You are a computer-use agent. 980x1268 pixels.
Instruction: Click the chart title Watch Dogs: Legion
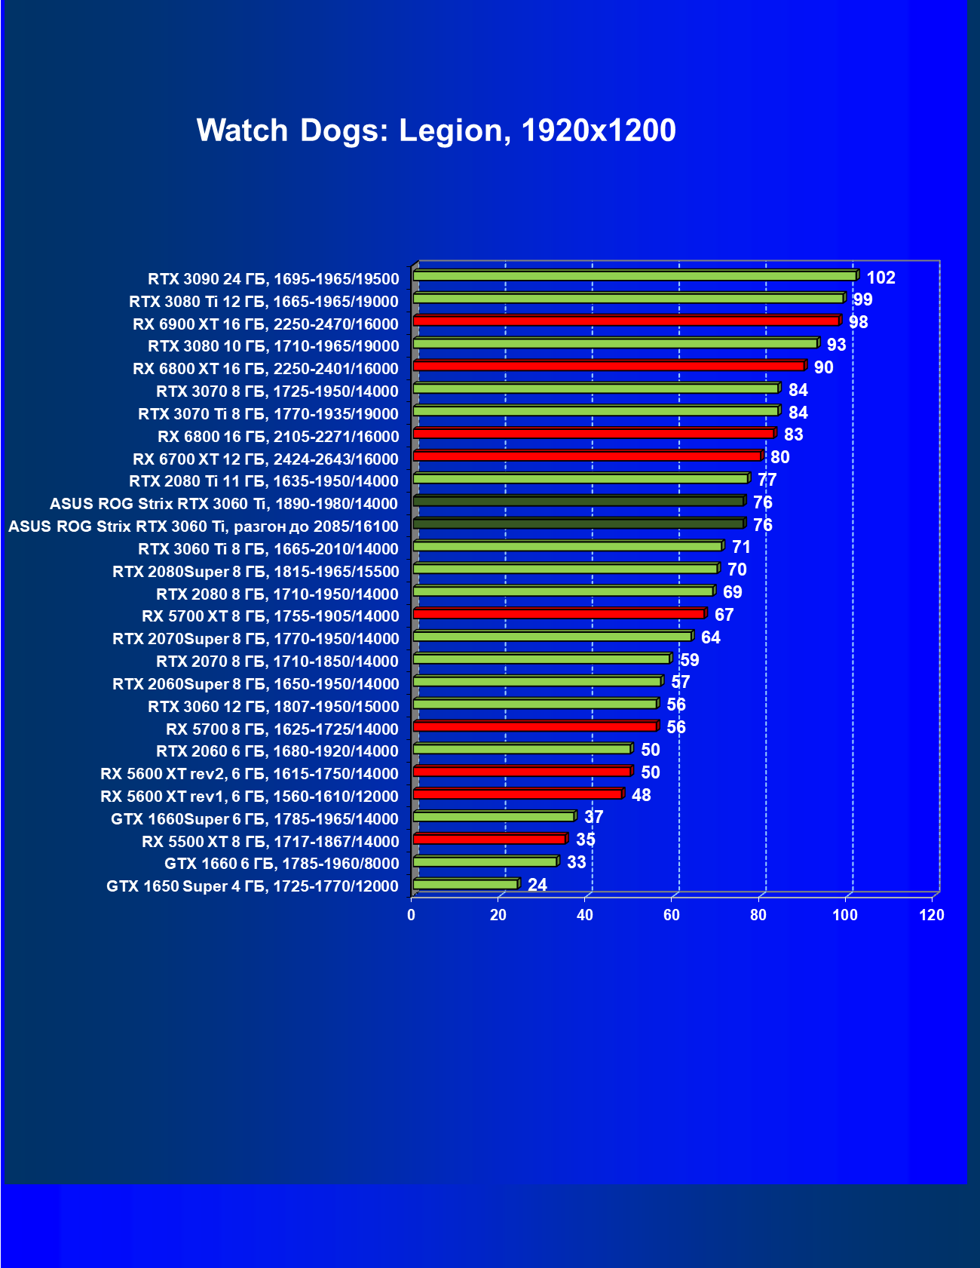click(x=436, y=130)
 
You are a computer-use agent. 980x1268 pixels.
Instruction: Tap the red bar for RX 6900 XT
click(x=626, y=321)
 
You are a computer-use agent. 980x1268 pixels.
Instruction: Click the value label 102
click(x=880, y=278)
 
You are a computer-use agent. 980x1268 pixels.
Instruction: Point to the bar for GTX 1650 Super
click(x=465, y=884)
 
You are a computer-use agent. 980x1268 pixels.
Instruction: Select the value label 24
click(x=537, y=885)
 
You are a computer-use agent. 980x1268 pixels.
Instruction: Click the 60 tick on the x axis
click(x=671, y=915)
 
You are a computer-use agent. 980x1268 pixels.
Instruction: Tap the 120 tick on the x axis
click(x=932, y=915)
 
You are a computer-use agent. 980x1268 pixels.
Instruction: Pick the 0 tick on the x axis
click(x=411, y=915)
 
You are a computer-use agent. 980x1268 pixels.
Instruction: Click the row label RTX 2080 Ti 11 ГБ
click(x=264, y=481)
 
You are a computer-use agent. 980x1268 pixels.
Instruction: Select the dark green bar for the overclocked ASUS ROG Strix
click(x=578, y=523)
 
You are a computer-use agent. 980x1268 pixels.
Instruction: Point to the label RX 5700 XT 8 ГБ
click(x=271, y=616)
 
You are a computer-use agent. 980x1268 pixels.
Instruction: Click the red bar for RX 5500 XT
click(x=489, y=839)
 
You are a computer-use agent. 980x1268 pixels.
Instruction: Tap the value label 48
click(x=641, y=795)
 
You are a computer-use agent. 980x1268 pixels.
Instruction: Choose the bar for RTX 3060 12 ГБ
click(x=535, y=704)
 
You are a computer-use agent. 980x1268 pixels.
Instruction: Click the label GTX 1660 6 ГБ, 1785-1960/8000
click(x=282, y=864)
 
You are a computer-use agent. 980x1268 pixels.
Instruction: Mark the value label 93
click(x=836, y=345)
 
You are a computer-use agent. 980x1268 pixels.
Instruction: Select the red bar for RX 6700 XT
click(x=587, y=456)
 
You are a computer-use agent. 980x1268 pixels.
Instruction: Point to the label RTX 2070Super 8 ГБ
click(x=256, y=639)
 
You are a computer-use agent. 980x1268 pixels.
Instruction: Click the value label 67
click(x=724, y=615)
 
